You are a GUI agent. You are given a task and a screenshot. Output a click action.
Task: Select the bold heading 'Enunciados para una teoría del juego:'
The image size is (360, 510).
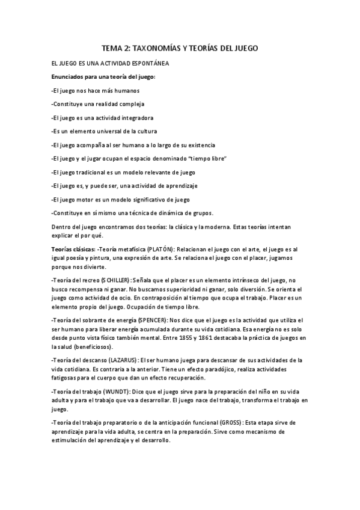point(103,76)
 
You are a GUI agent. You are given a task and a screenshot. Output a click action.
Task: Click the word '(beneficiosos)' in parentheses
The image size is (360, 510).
point(90,347)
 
